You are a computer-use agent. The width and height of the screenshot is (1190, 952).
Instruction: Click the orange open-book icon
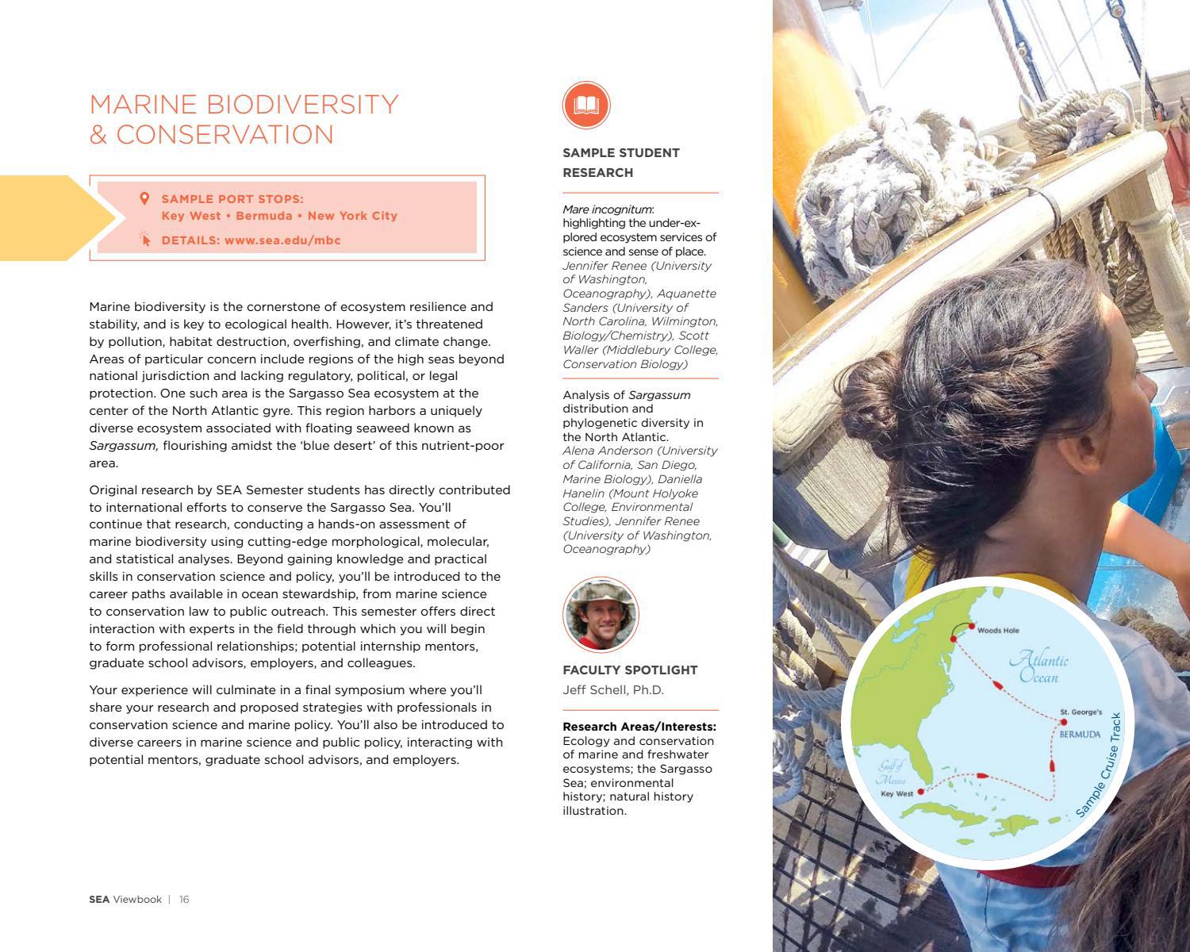[x=586, y=105]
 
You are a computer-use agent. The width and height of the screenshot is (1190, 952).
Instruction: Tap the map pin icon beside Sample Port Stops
[x=144, y=198]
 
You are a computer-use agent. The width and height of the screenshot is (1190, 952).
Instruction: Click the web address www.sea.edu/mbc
[x=282, y=240]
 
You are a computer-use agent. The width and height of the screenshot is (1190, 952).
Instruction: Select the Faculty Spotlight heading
[x=630, y=670]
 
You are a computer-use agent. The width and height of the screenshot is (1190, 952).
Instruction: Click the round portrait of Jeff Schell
[x=601, y=615]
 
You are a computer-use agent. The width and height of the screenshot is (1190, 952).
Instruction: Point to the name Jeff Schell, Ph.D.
[x=613, y=690]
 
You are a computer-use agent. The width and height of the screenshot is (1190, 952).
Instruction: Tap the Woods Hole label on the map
[x=998, y=631]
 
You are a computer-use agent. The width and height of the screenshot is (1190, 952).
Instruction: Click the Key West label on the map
[x=896, y=793]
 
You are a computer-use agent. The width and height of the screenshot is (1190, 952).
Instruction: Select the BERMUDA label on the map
[x=1080, y=735]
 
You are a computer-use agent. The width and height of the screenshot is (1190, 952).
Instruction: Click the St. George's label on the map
[x=1081, y=712]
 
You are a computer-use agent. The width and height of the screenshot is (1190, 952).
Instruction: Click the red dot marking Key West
[x=920, y=792]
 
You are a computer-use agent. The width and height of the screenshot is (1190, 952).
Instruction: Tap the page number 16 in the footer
[x=184, y=900]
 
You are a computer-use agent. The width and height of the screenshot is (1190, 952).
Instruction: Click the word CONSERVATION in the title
[x=225, y=135]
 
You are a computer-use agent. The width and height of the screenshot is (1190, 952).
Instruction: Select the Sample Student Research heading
[x=621, y=163]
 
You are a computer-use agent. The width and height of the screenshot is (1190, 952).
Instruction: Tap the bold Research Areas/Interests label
[x=639, y=727]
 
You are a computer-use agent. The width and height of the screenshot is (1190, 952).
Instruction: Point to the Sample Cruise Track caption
[x=1100, y=766]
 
